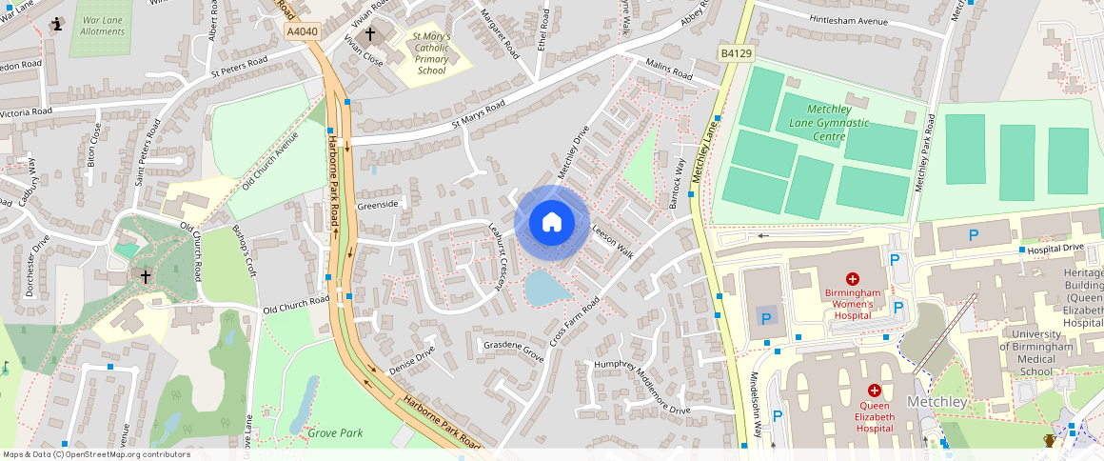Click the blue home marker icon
click(552, 222)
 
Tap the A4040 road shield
click(302, 32)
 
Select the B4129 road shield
click(733, 55)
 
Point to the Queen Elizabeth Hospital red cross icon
click(874, 391)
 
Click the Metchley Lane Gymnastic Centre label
click(824, 123)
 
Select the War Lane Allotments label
click(103, 26)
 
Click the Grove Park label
click(335, 433)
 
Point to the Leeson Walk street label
click(612, 242)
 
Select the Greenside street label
click(377, 205)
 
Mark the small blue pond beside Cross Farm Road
click(545, 287)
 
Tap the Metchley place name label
click(936, 402)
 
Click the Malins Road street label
click(668, 70)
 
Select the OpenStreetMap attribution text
click(96, 454)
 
